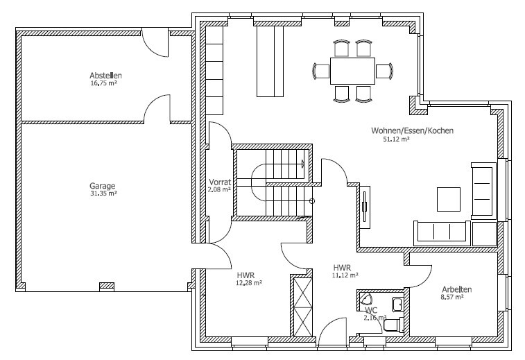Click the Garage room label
click(x=103, y=186)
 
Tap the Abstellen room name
click(x=105, y=76)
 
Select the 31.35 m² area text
click(x=103, y=194)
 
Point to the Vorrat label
click(x=220, y=182)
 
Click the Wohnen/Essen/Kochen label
click(x=412, y=130)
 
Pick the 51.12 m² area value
click(x=397, y=139)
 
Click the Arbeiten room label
click(x=457, y=289)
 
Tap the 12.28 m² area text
click(x=249, y=283)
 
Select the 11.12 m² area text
click(x=345, y=275)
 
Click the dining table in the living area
click(x=352, y=71)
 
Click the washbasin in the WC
click(x=397, y=304)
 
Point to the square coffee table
click(x=449, y=199)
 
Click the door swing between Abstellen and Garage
click(x=157, y=108)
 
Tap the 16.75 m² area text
click(x=103, y=83)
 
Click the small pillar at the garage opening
click(x=107, y=286)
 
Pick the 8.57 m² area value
click(x=452, y=297)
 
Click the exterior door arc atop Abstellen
click(x=155, y=43)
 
